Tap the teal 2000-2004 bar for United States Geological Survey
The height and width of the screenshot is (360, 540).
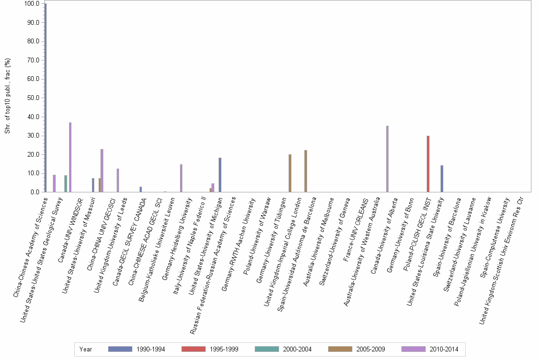pos(66,184)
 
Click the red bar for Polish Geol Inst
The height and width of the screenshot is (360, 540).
pos(428,164)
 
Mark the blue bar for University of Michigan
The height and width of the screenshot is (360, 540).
pos(220,175)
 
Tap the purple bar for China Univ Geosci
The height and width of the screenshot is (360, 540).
pos(118,180)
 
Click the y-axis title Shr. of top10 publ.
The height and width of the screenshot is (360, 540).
pos(8,95)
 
